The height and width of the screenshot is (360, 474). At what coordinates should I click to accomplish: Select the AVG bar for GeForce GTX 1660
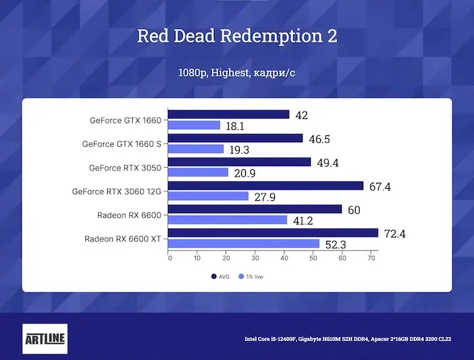[x=228, y=115]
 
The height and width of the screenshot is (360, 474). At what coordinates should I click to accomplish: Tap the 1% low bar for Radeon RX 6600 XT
[x=244, y=244]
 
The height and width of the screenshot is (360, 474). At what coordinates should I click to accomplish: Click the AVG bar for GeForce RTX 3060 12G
[x=265, y=185]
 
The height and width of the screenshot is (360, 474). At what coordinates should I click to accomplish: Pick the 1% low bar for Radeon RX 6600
[x=228, y=220]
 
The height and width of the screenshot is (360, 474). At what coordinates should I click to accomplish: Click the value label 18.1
[x=235, y=126]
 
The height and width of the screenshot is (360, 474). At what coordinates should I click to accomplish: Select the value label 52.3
[x=335, y=244]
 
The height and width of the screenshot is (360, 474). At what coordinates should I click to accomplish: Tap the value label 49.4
[x=327, y=162]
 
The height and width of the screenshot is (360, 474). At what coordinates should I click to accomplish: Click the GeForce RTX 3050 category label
[x=125, y=168]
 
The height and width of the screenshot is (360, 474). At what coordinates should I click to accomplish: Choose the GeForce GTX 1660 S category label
[x=122, y=144]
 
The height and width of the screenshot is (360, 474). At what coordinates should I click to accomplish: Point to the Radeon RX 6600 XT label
[x=123, y=239]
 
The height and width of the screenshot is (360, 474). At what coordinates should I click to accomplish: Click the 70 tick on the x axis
[x=371, y=258]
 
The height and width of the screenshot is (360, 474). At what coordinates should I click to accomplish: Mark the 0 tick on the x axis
[x=169, y=258]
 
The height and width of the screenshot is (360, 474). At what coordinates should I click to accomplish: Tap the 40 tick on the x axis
[x=284, y=258]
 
